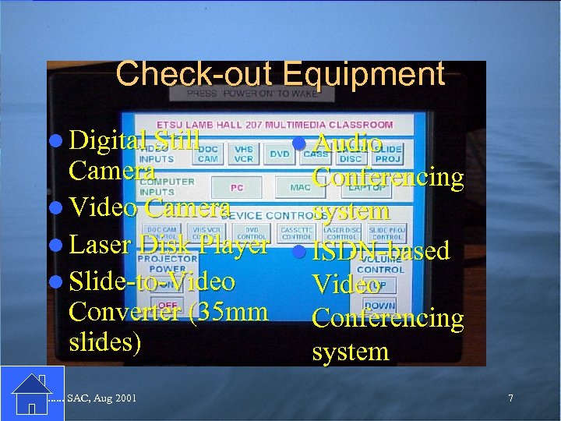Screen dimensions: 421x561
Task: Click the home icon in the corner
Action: (x=31, y=393)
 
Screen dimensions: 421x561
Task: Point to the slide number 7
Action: (x=510, y=398)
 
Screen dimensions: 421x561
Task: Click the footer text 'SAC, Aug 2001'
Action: (x=102, y=398)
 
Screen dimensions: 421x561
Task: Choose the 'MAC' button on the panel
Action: (x=300, y=187)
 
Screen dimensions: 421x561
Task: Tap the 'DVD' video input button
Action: (x=279, y=154)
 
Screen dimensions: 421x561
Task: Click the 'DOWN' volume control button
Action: (x=379, y=306)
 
